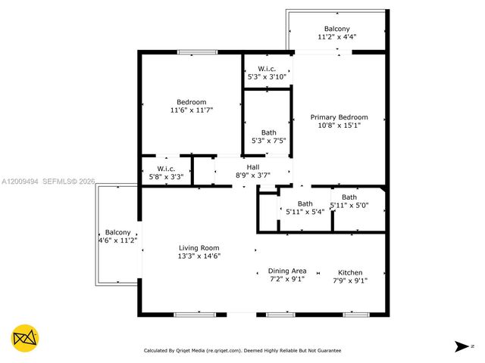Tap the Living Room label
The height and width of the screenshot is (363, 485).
point(199,248)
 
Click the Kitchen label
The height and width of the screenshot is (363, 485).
point(350,272)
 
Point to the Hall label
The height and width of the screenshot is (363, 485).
point(253,167)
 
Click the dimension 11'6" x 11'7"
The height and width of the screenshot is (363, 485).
point(192,110)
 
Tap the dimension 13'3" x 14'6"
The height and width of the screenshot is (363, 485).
point(199,256)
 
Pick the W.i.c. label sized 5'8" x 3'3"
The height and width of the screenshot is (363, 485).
point(166,168)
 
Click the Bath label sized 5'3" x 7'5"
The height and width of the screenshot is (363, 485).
point(268,132)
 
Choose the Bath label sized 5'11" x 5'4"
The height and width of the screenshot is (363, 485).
point(305,203)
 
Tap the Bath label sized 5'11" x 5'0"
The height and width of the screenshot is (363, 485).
point(349,197)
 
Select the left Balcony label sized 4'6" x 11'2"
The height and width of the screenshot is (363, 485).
point(117,232)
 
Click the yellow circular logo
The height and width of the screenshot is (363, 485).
point(26,337)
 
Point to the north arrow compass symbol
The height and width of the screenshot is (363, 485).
point(462,346)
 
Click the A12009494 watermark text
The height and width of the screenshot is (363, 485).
point(20,181)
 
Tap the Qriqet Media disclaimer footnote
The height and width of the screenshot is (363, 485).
point(242,350)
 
